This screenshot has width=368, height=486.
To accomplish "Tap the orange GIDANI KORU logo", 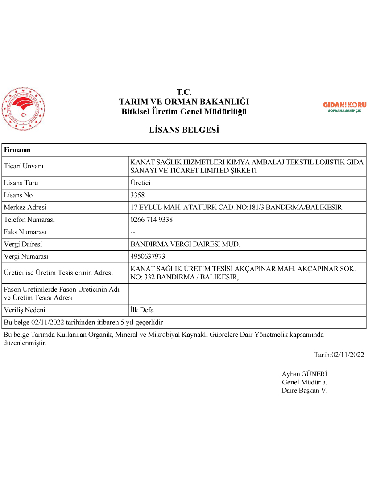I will (344, 107).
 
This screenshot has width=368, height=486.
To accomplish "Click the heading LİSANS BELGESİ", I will (184, 130).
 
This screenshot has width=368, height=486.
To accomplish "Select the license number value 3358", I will (138, 195).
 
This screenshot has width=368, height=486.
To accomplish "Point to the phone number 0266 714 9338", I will (152, 220).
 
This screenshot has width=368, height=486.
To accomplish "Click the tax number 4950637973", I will (148, 257).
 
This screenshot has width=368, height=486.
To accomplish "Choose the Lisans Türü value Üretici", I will (141, 183).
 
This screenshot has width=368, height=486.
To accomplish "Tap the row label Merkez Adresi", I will (25, 208).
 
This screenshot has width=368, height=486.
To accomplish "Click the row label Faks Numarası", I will (25, 232).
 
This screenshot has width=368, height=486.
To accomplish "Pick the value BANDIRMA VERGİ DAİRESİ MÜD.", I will (185, 244).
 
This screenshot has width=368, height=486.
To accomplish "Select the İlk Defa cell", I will (142, 310).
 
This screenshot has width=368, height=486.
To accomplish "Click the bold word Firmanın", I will (17, 150).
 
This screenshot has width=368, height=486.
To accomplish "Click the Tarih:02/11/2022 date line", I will (339, 355).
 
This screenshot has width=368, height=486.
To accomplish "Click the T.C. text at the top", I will (184, 92).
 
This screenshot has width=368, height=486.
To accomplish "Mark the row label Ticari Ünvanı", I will (24, 166).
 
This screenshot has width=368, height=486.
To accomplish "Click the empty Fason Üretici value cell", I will (247, 294).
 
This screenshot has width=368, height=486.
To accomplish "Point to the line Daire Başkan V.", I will (304, 390).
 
